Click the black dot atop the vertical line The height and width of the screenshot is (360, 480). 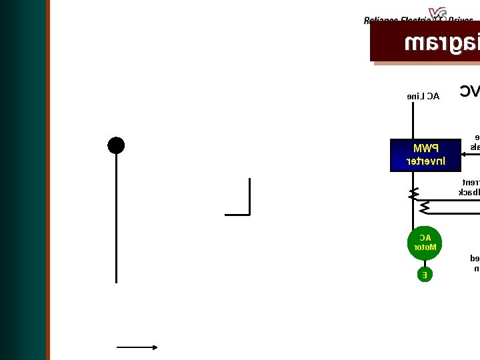(x=116, y=145)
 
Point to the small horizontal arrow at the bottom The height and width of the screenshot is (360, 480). (x=137, y=347)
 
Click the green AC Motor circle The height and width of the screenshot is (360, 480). (x=425, y=243)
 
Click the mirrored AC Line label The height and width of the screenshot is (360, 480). (x=423, y=96)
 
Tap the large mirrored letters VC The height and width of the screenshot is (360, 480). (x=469, y=91)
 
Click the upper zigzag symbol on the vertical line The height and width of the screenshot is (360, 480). (x=414, y=193)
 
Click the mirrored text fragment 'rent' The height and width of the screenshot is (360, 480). (x=471, y=182)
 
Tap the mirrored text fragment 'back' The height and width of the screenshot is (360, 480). (x=469, y=192)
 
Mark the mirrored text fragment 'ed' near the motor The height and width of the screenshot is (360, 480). (x=475, y=258)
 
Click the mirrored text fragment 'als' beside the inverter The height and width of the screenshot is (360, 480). (x=475, y=146)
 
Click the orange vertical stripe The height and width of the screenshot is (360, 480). (x=48, y=180)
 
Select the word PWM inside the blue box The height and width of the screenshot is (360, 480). (x=425, y=148)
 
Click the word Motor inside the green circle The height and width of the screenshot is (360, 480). (x=425, y=247)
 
